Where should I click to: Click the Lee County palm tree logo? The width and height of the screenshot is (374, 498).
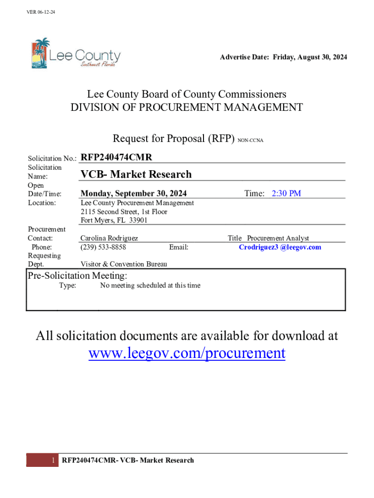pyautogui.click(x=40, y=53)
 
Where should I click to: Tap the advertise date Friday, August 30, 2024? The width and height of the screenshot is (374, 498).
pyautogui.click(x=310, y=57)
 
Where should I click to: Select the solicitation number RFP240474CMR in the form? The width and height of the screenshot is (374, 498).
pyautogui.click(x=116, y=157)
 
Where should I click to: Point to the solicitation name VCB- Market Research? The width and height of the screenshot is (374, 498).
pyautogui.click(x=136, y=174)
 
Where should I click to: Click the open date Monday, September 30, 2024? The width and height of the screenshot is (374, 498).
pyautogui.click(x=134, y=194)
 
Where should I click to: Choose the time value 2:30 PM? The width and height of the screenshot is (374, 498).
pyautogui.click(x=286, y=194)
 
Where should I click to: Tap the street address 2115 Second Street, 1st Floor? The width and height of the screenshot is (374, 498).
pyautogui.click(x=124, y=212)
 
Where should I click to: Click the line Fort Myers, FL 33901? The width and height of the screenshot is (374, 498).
pyautogui.click(x=114, y=220)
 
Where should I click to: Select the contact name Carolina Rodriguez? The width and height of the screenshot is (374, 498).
pyautogui.click(x=109, y=238)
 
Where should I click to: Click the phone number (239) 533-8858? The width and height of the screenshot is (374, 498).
pyautogui.click(x=103, y=247)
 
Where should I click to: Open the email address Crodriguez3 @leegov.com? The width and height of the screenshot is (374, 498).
pyautogui.click(x=280, y=247)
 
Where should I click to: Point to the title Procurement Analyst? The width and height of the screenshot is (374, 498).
pyautogui.click(x=278, y=238)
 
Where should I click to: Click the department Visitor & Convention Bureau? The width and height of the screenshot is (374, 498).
pyautogui.click(x=124, y=264)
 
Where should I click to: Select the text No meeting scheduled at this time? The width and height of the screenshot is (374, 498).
pyautogui.click(x=150, y=285)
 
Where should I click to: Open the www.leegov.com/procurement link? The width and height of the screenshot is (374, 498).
pyautogui.click(x=187, y=353)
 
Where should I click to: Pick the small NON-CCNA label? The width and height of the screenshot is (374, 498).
pyautogui.click(x=250, y=140)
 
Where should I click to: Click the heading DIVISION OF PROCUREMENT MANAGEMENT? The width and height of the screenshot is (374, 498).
pyautogui.click(x=187, y=107)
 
